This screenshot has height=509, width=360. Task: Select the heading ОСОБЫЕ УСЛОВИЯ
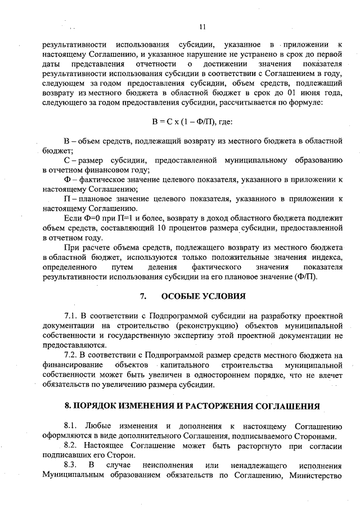203,296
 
